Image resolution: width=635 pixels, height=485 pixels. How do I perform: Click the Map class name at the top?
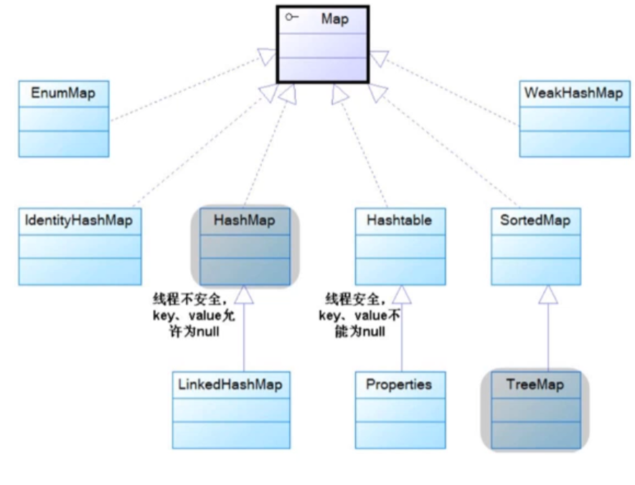coord(334,19)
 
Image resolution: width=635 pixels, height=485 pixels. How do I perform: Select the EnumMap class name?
coord(63,93)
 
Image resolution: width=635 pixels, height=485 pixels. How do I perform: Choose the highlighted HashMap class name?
coord(244,221)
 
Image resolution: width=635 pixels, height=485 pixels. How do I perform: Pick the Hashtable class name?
coord(400,221)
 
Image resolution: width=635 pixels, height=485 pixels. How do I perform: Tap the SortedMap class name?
coord(535,221)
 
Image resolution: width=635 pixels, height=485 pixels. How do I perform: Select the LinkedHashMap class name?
coord(230,385)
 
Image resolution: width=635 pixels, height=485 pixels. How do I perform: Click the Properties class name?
coord(400,385)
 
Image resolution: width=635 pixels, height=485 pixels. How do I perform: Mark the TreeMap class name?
coord(535,385)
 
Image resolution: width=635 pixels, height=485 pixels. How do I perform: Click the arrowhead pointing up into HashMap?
coord(244,293)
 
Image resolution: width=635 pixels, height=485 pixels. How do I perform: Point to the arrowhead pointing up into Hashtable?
coord(401,293)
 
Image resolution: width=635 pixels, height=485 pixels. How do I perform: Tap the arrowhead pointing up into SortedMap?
coord(548,293)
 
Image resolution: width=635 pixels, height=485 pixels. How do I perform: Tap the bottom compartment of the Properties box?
coord(400,435)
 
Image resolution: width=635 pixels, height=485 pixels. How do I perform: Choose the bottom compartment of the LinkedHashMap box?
coord(230,435)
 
